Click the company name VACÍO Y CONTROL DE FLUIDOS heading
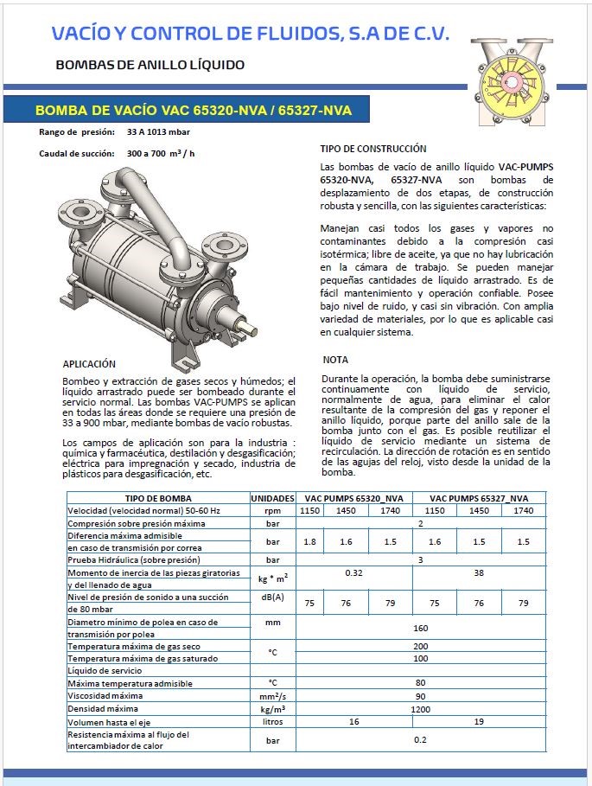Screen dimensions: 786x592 point(251,34)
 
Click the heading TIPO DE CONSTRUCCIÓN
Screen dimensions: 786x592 point(372,149)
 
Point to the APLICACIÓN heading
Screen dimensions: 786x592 point(89,364)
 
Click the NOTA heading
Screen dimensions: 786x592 point(335,360)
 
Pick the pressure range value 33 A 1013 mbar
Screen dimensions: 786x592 point(158,132)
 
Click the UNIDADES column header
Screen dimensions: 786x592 point(272,499)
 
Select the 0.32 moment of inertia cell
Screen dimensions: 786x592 point(354,572)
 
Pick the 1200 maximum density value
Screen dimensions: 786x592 point(420,708)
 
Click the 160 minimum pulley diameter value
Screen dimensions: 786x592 point(420,628)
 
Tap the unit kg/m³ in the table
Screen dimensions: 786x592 point(272,708)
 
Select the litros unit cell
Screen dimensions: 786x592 point(272,720)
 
